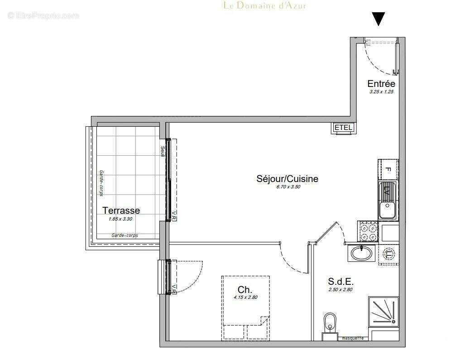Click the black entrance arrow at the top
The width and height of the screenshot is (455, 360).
[x=378, y=19]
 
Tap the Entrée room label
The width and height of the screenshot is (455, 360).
[x=381, y=84]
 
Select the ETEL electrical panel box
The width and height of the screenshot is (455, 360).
[x=343, y=128]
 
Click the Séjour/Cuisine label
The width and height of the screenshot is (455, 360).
[x=287, y=179]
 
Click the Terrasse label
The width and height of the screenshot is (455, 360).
[x=121, y=211]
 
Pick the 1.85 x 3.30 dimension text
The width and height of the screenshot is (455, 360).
[x=121, y=219]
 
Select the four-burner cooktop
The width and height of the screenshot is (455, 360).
[x=367, y=231]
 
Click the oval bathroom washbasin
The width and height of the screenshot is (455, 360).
[x=361, y=254]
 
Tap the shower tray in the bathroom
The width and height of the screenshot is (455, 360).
[x=383, y=312]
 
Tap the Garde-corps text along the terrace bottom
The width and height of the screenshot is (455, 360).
[x=125, y=235]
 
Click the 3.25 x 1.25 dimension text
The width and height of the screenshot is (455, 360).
[x=381, y=91]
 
